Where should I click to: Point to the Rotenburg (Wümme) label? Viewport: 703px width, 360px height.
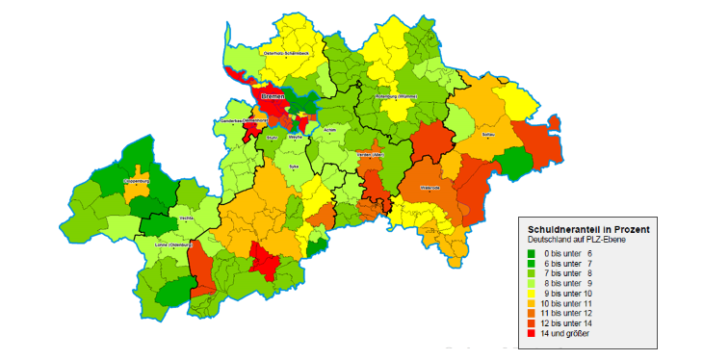coord(395,97)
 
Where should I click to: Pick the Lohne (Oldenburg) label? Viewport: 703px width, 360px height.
coord(169,246)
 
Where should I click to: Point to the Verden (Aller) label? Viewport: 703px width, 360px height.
coord(372,154)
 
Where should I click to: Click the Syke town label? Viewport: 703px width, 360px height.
coord(294,167)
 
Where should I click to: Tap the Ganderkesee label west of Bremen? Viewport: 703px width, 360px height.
coord(235,121)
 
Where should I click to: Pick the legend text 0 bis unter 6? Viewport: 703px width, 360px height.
coord(572,253)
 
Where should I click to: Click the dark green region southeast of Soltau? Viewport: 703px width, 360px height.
coord(514,166)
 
